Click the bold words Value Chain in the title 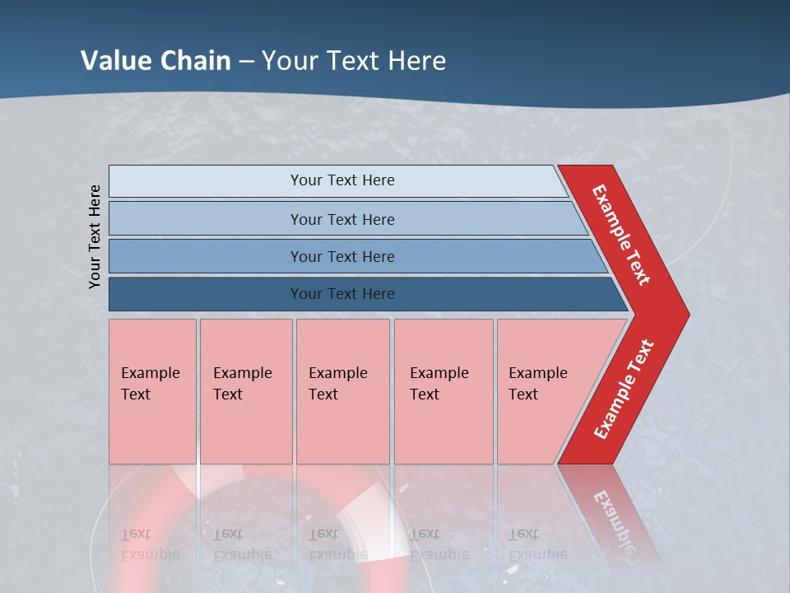(156, 60)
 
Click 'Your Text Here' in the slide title (354, 60)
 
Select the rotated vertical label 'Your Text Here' (95, 236)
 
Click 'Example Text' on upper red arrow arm (621, 235)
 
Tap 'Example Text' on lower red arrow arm (624, 390)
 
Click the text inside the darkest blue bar (342, 294)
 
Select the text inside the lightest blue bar (342, 180)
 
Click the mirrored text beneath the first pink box (150, 544)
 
